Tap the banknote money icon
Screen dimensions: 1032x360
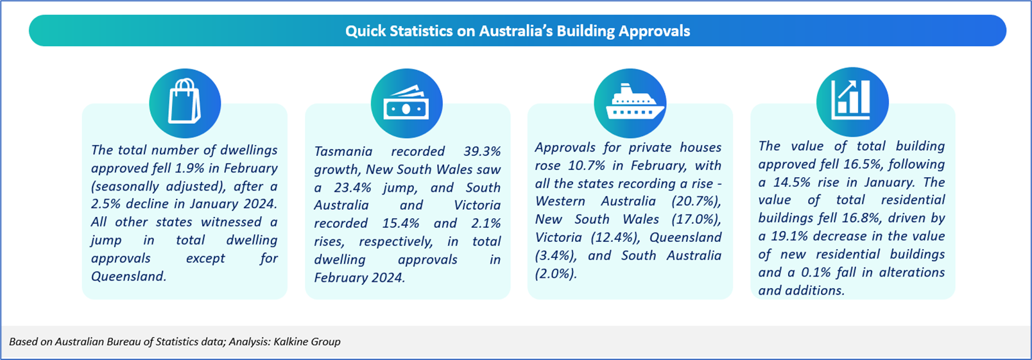[406, 102]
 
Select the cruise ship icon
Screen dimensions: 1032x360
[635, 101]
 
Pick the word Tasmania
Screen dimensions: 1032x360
[343, 151]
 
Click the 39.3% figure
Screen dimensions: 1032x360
[482, 151]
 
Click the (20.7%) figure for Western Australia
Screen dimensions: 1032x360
[696, 201]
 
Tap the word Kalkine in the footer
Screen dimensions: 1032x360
[290, 341]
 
